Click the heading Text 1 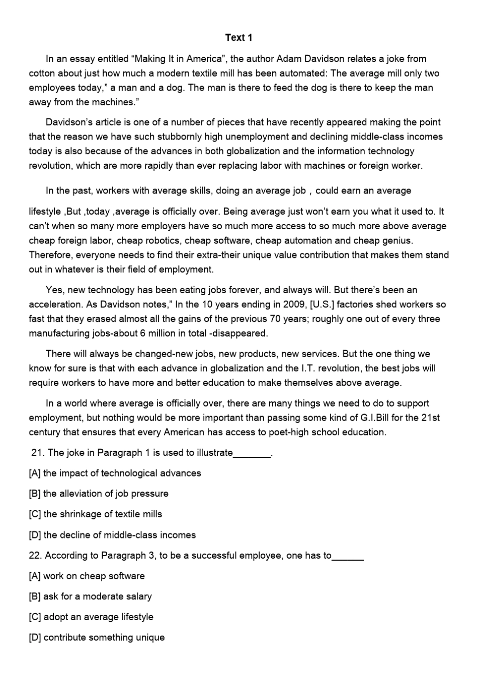(238, 38)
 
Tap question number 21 (38, 453)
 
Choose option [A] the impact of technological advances (115, 473)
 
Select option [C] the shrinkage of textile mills (96, 514)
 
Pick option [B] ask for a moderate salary (91, 596)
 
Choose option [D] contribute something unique (97, 638)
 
